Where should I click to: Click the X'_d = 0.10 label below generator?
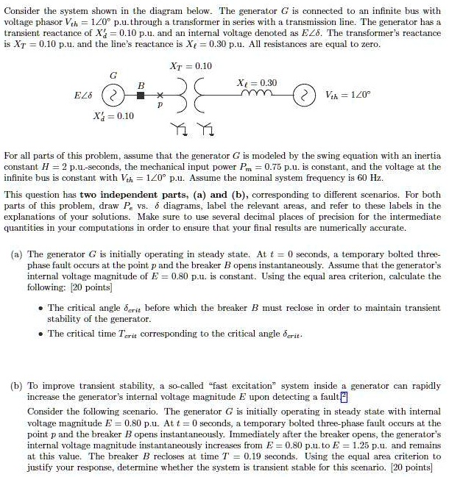pos(116,117)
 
